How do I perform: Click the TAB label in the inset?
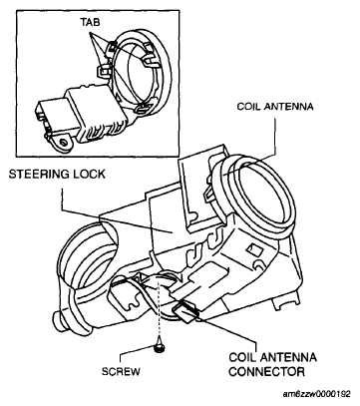coord(90,22)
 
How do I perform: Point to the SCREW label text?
coord(121,371)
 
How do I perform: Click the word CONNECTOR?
coord(266,371)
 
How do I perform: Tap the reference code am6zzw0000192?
coord(317,394)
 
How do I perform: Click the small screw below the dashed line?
coord(160,347)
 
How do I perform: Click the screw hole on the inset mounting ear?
coord(63,143)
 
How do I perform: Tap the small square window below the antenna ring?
coord(255,248)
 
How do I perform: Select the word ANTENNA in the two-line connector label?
coord(287,358)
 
